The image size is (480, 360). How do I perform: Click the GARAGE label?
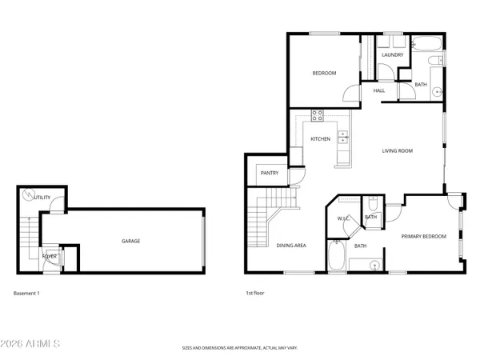point(130,241)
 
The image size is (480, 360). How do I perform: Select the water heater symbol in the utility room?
point(29,194)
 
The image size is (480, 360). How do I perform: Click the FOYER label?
point(50,257)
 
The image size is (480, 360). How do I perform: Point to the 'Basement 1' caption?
point(26,294)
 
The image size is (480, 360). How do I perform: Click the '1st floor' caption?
point(254,294)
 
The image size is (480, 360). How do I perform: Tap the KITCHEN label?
point(320,139)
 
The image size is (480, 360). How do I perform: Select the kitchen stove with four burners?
point(317,114)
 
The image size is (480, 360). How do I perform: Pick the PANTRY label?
point(269,173)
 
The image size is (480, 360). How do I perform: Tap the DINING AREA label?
point(291,246)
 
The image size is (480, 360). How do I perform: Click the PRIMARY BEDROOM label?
point(423,236)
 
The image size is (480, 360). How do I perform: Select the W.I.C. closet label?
point(344,218)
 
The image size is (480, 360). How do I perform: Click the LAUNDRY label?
point(392,55)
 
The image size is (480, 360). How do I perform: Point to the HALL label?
point(379,90)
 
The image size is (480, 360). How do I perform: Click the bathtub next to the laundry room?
point(424,42)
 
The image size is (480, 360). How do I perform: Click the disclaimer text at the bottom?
point(239,349)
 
